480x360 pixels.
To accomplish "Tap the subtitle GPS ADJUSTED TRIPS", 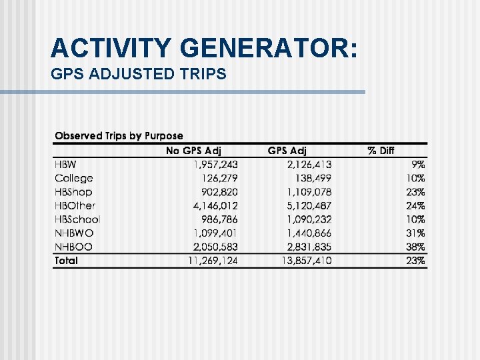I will [139, 74].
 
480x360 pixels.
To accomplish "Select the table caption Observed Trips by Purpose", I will [119, 136].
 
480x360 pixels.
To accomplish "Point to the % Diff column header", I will [381, 151].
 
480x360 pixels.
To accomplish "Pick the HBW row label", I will [65, 165].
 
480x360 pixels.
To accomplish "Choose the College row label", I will [73, 178].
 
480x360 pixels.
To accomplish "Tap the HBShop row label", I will [73, 192].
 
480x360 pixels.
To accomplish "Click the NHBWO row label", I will [74, 233].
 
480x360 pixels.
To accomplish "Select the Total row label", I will [66, 261].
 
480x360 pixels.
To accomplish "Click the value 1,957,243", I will [215, 165].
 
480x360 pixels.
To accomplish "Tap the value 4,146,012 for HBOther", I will [215, 206].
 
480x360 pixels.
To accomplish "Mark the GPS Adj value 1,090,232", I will [309, 219].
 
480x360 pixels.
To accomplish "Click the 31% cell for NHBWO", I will [416, 233].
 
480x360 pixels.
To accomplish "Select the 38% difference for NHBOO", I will [416, 247].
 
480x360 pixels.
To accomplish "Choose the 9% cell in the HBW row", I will [419, 165].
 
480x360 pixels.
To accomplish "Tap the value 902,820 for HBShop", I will [219, 192].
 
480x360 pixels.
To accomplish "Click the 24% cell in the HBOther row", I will [416, 206].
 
